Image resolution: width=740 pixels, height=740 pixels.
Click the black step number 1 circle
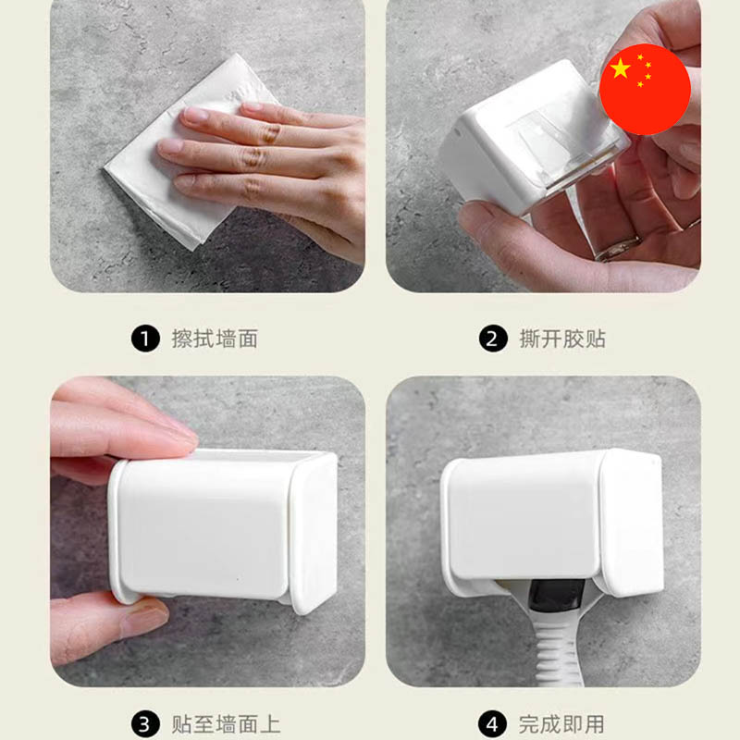tap(145, 339)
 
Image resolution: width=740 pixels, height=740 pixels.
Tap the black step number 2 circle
tap(493, 339)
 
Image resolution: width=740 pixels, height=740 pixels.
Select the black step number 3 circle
tap(145, 724)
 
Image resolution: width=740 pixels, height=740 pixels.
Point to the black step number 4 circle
tap(493, 724)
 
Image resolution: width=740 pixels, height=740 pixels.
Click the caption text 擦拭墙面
tap(215, 339)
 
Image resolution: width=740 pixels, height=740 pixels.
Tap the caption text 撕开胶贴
tap(562, 339)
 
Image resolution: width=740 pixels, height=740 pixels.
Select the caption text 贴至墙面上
tap(226, 724)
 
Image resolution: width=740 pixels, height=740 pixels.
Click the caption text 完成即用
tap(561, 724)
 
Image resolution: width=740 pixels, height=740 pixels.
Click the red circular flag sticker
tap(645, 89)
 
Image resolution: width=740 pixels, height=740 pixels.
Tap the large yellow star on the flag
tap(620, 68)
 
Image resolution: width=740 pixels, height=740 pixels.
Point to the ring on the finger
tap(618, 249)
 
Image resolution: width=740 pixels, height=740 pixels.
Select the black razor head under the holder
tap(557, 596)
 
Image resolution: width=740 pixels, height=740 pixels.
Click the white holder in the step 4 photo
tap(552, 522)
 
